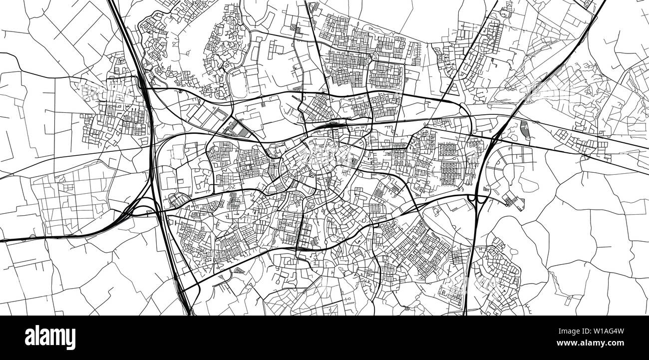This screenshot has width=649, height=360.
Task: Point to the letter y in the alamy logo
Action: pyautogui.click(x=70, y=340)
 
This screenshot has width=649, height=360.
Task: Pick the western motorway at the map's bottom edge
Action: pyautogui.click(x=190, y=313)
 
